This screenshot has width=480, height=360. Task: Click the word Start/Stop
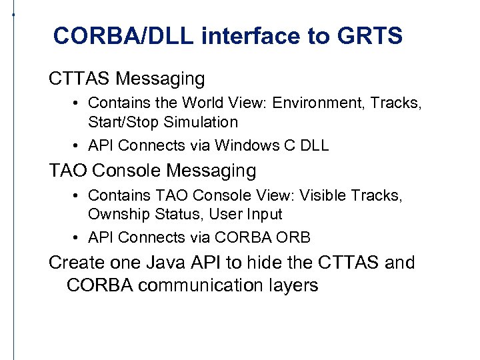(120, 122)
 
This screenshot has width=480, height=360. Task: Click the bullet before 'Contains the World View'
(78, 103)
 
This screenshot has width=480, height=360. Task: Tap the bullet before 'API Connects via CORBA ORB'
(78, 237)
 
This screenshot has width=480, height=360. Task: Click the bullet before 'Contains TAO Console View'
(78, 196)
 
